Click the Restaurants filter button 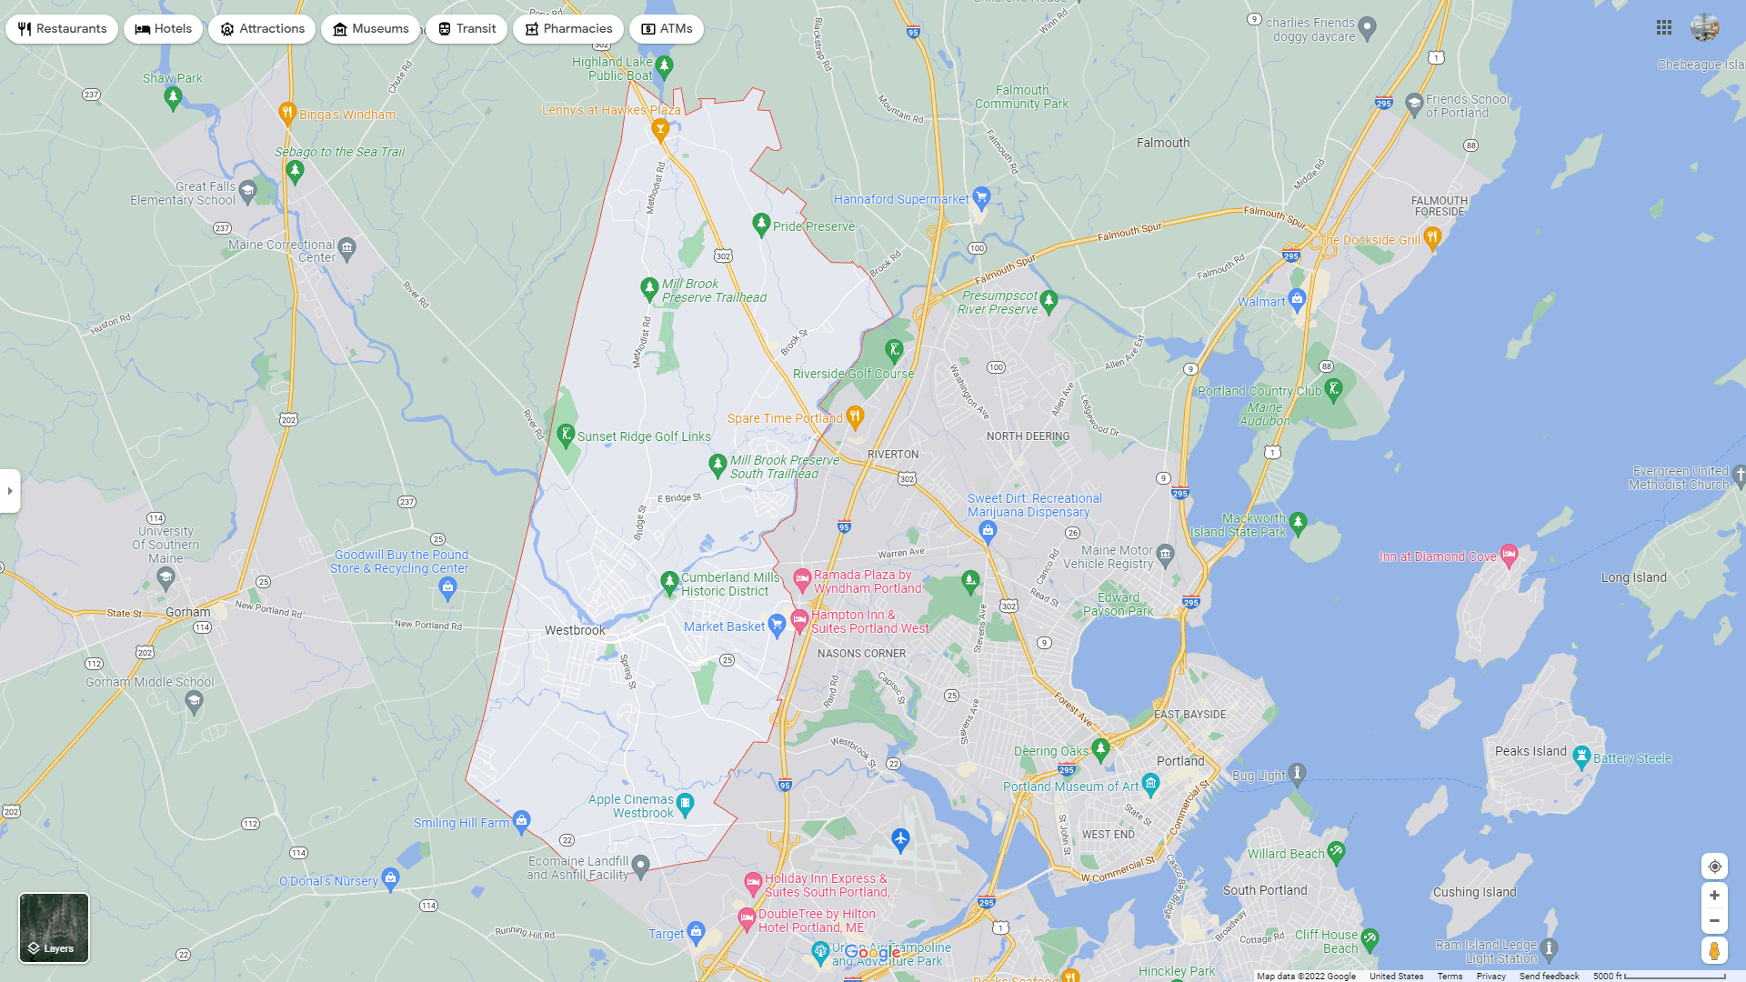tap(62, 29)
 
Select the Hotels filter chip tap(164, 29)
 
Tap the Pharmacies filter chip tap(567, 29)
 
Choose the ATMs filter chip tap(667, 29)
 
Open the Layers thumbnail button tap(55, 927)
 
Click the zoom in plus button tap(1714, 896)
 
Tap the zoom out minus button tap(1714, 921)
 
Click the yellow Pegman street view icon tap(1714, 951)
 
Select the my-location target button tap(1714, 867)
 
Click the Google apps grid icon tap(1664, 28)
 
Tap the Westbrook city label tap(575, 630)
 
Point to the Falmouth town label tap(1163, 143)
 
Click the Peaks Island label tap(1530, 751)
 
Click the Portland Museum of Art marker tap(1150, 783)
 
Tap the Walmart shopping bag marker tap(1298, 298)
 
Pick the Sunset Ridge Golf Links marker tap(566, 435)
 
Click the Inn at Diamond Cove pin tap(1509, 554)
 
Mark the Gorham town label tap(188, 612)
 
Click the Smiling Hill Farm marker tap(521, 820)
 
